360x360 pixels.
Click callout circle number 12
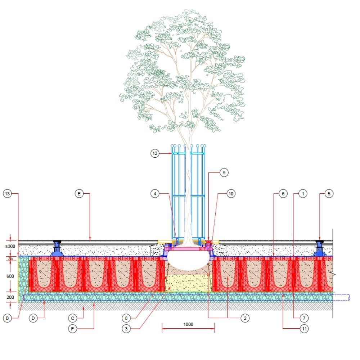(x=155, y=153)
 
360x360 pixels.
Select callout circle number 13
(x=7, y=194)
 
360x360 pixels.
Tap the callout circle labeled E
(x=79, y=194)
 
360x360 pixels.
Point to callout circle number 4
(x=155, y=194)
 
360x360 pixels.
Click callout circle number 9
(x=224, y=173)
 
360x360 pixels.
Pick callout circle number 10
(x=231, y=194)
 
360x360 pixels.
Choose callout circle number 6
(x=283, y=194)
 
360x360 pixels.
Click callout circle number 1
(x=303, y=194)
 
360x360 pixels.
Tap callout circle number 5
(x=328, y=194)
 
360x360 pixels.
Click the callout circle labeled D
(x=33, y=318)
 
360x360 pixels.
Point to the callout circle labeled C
(x=73, y=318)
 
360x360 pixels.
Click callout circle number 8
(x=126, y=318)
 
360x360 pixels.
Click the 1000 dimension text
(x=188, y=324)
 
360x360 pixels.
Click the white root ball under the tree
(x=188, y=260)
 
